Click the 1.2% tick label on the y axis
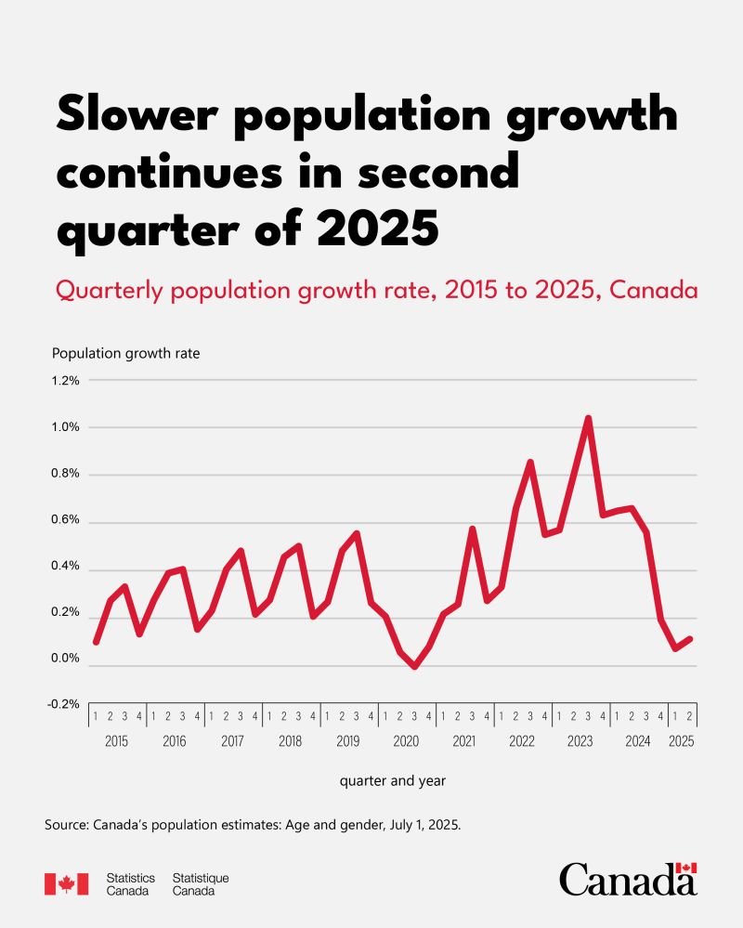click(x=66, y=380)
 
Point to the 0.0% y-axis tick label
click(x=66, y=660)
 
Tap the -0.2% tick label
click(x=65, y=704)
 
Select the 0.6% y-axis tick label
click(x=66, y=520)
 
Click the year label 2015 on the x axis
click(x=116, y=742)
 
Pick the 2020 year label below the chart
click(x=406, y=742)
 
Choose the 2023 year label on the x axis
click(x=580, y=742)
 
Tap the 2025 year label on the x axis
click(x=681, y=742)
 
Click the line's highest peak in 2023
click(x=588, y=418)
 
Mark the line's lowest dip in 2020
click(x=415, y=666)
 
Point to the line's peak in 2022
click(x=530, y=462)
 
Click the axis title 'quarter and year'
click(x=393, y=781)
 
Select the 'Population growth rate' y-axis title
click(x=125, y=353)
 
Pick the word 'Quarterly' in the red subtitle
click(x=109, y=291)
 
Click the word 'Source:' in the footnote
click(x=69, y=825)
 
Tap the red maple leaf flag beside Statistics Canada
click(x=66, y=883)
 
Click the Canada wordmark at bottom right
click(x=628, y=879)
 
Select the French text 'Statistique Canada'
click(x=201, y=883)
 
